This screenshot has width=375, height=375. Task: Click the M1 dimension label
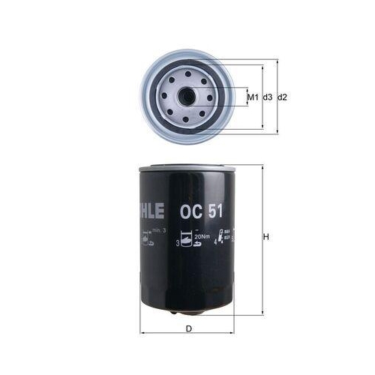(253, 97)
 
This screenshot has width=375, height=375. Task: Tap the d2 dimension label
(283, 97)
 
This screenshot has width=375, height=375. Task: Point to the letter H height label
(266, 238)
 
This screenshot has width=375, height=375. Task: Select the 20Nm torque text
(201, 237)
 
